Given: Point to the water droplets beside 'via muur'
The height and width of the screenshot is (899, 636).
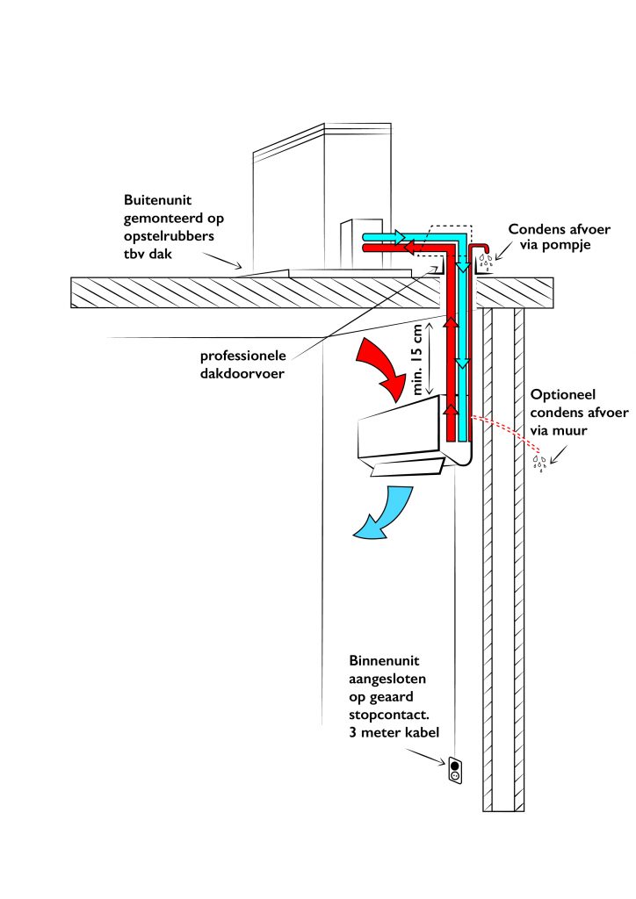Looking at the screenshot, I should pos(538,462).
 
